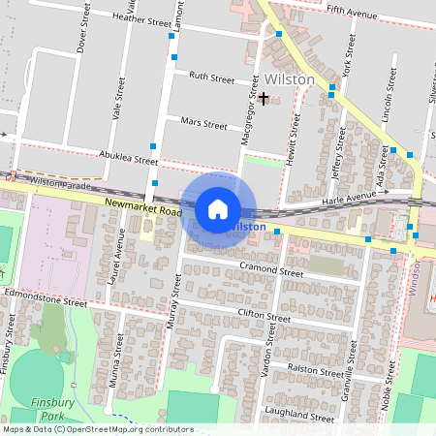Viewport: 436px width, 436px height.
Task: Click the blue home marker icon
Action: (x=218, y=208)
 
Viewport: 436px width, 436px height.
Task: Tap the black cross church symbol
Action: (x=264, y=98)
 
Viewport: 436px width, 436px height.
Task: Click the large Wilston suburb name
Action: (x=289, y=78)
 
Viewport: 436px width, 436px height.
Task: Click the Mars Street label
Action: (x=203, y=124)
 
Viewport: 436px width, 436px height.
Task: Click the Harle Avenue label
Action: (x=349, y=195)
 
